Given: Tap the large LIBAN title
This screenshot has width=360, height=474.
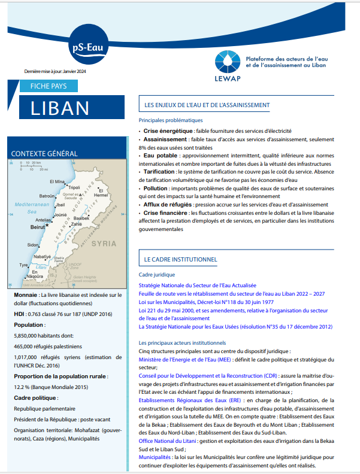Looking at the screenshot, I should [60, 108].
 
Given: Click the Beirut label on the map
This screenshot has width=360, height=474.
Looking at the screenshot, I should [38, 227].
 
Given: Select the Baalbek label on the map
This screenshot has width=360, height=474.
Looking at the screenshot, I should [81, 218].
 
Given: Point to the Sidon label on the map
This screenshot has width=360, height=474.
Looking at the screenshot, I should [34, 245].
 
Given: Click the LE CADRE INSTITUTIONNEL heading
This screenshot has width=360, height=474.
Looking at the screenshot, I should [180, 260].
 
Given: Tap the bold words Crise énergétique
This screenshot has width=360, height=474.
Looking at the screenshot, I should [167, 131].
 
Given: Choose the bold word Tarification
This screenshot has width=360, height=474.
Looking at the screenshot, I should [159, 171].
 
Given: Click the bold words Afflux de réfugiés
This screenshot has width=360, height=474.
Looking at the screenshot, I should [168, 205].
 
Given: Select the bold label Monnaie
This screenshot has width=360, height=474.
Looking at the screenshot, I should [25, 296].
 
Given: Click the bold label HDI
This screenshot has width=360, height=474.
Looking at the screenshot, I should [19, 314].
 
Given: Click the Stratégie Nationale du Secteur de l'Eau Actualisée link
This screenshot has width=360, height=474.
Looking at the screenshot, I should [197, 286].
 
